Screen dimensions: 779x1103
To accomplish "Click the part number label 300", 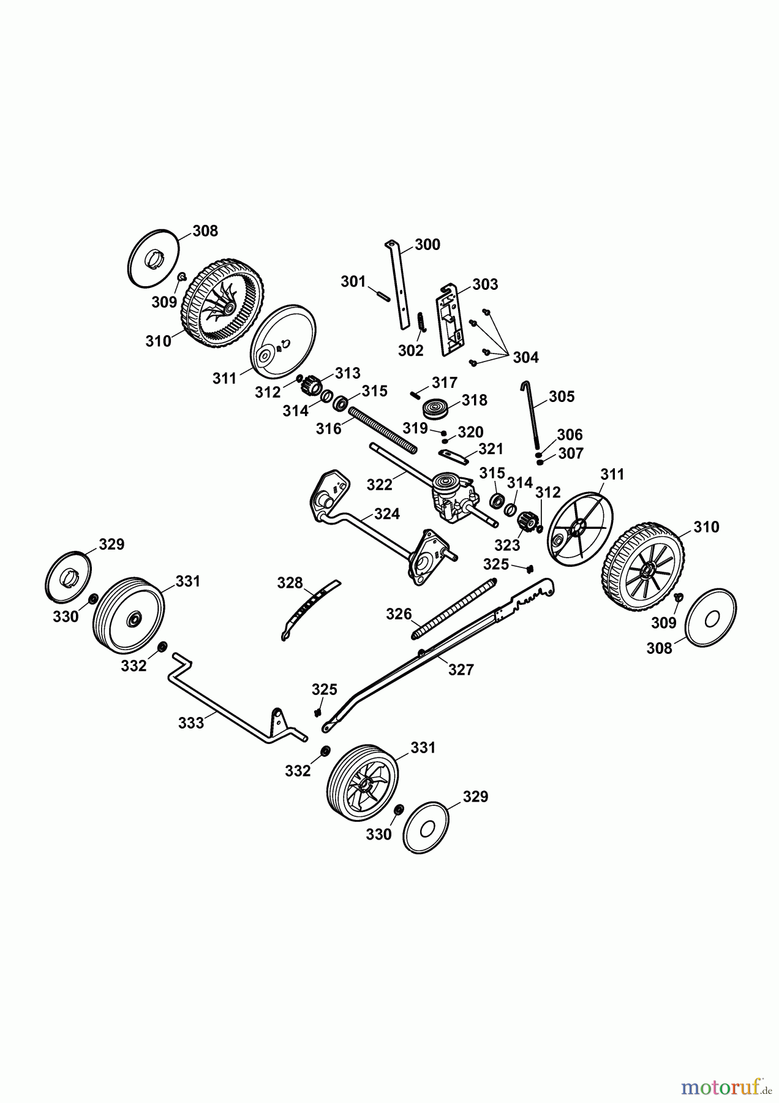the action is (x=427, y=245).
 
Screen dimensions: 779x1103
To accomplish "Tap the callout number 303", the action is (x=485, y=284).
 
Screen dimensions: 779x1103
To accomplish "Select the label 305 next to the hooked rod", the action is (x=562, y=396).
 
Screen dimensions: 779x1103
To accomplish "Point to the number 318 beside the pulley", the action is (x=475, y=400).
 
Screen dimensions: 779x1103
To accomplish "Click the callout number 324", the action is (x=387, y=514).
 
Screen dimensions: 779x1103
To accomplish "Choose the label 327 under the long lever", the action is (x=461, y=670).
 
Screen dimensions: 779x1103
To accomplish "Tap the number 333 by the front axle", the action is (x=191, y=723).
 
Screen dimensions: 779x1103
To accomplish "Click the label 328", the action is (x=290, y=583).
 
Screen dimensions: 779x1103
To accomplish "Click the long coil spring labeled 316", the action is (x=383, y=433).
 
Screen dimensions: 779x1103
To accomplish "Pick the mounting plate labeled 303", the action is (x=452, y=320).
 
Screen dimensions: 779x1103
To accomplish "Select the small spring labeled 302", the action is (x=421, y=322).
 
